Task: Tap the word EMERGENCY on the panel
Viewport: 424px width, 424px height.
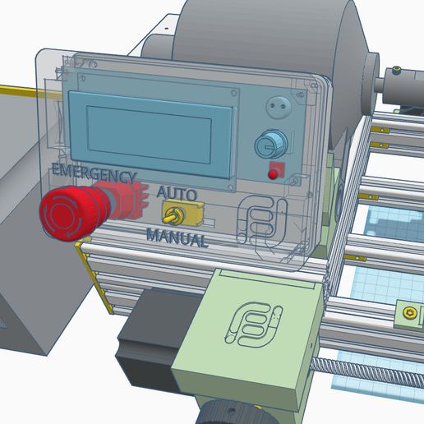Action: click(92, 175)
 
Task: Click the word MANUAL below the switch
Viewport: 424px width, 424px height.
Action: click(177, 239)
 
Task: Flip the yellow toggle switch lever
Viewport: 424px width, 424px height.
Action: click(173, 218)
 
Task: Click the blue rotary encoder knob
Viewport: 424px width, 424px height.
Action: click(269, 145)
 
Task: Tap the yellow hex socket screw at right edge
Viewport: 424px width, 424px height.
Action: click(410, 311)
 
